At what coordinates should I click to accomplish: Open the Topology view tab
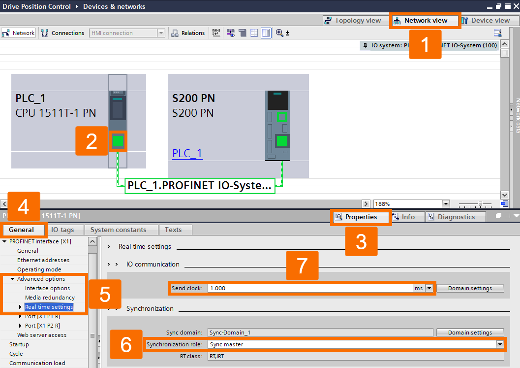(353, 21)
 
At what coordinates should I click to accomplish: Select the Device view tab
(489, 21)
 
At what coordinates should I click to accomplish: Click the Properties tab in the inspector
(361, 217)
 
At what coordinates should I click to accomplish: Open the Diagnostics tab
(456, 217)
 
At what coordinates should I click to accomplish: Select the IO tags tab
(62, 230)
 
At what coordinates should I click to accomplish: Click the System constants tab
(118, 230)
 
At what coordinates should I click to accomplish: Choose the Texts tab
(173, 230)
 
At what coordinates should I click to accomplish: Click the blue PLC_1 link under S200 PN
(187, 153)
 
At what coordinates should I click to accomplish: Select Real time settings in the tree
(49, 307)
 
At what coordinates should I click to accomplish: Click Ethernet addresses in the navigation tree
(43, 260)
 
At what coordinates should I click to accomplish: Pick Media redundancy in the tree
(50, 298)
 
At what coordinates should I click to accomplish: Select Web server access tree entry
(42, 335)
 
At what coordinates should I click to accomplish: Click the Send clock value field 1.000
(310, 288)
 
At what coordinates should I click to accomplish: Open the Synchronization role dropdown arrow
(500, 345)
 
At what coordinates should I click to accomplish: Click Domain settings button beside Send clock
(470, 288)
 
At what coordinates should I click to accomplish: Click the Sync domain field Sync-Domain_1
(320, 333)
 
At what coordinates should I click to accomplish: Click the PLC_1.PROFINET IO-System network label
(199, 186)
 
